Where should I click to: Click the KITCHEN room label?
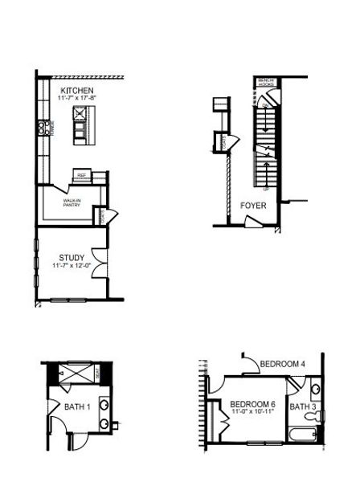point(77,90)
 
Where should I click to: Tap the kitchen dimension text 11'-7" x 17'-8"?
point(77,98)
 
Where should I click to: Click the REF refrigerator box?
point(81,174)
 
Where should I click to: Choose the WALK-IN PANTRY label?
point(72,203)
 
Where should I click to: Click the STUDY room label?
point(72,258)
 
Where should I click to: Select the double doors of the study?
point(97,263)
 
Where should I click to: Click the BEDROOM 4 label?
point(283,364)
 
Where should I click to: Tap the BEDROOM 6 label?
point(252,403)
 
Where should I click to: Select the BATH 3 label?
point(303,407)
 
